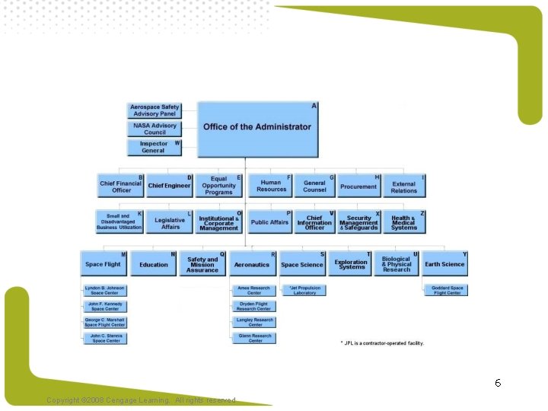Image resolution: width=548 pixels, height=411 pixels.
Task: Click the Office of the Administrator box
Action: (257, 129)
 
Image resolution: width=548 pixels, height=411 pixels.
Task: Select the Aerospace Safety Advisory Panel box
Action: (154, 110)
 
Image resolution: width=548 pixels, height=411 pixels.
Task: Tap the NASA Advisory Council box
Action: (154, 129)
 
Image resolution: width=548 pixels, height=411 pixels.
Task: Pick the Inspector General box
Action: (154, 147)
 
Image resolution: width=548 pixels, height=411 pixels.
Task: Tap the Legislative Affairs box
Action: (169, 222)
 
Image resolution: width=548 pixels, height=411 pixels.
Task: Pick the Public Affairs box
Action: (270, 222)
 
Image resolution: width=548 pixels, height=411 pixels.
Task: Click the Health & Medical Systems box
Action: (404, 222)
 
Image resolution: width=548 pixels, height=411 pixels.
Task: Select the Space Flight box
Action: (104, 264)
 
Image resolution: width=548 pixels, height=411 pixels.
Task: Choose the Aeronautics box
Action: (253, 264)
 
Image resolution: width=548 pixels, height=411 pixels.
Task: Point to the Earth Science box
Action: (444, 264)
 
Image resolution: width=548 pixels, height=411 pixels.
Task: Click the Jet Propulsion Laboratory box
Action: (304, 291)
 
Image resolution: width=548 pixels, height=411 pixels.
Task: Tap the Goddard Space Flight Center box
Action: (446, 291)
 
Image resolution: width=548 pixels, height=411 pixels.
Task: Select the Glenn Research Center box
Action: (254, 338)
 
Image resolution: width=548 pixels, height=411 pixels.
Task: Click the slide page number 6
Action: (498, 383)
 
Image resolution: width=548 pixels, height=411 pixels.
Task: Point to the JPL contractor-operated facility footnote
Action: (382, 343)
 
